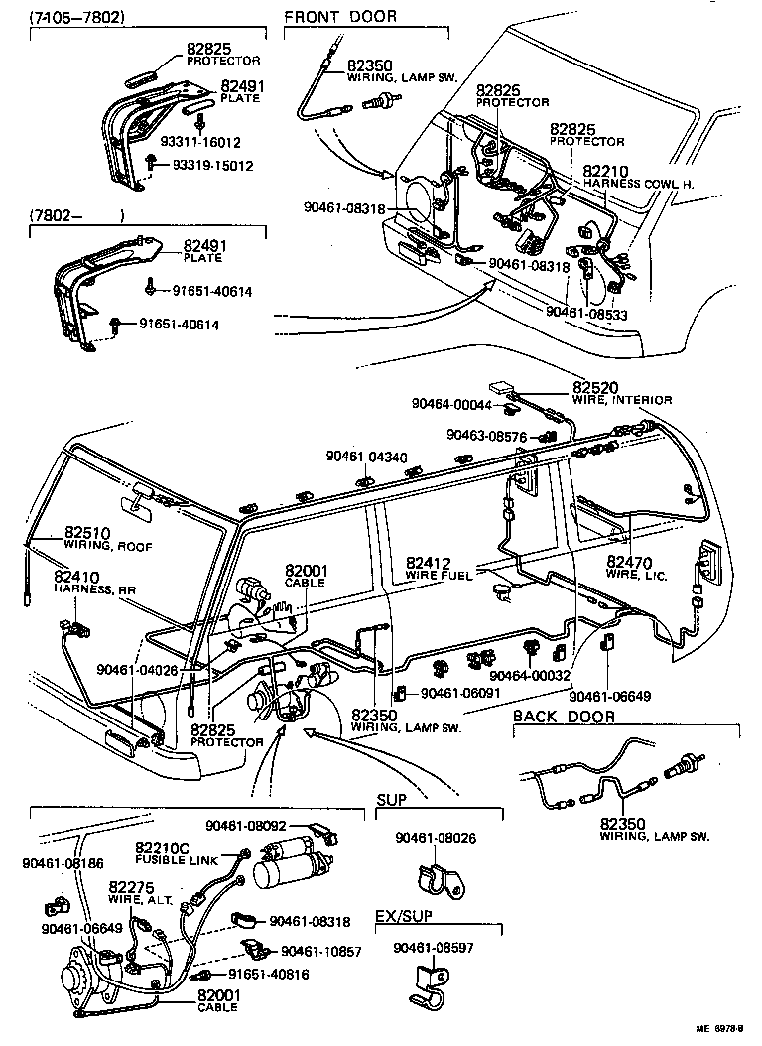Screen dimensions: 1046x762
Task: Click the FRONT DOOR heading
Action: point(340,16)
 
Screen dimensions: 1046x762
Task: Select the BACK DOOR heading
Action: point(564,717)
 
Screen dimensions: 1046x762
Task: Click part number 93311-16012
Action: point(228,142)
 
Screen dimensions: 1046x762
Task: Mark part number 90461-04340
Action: point(366,457)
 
